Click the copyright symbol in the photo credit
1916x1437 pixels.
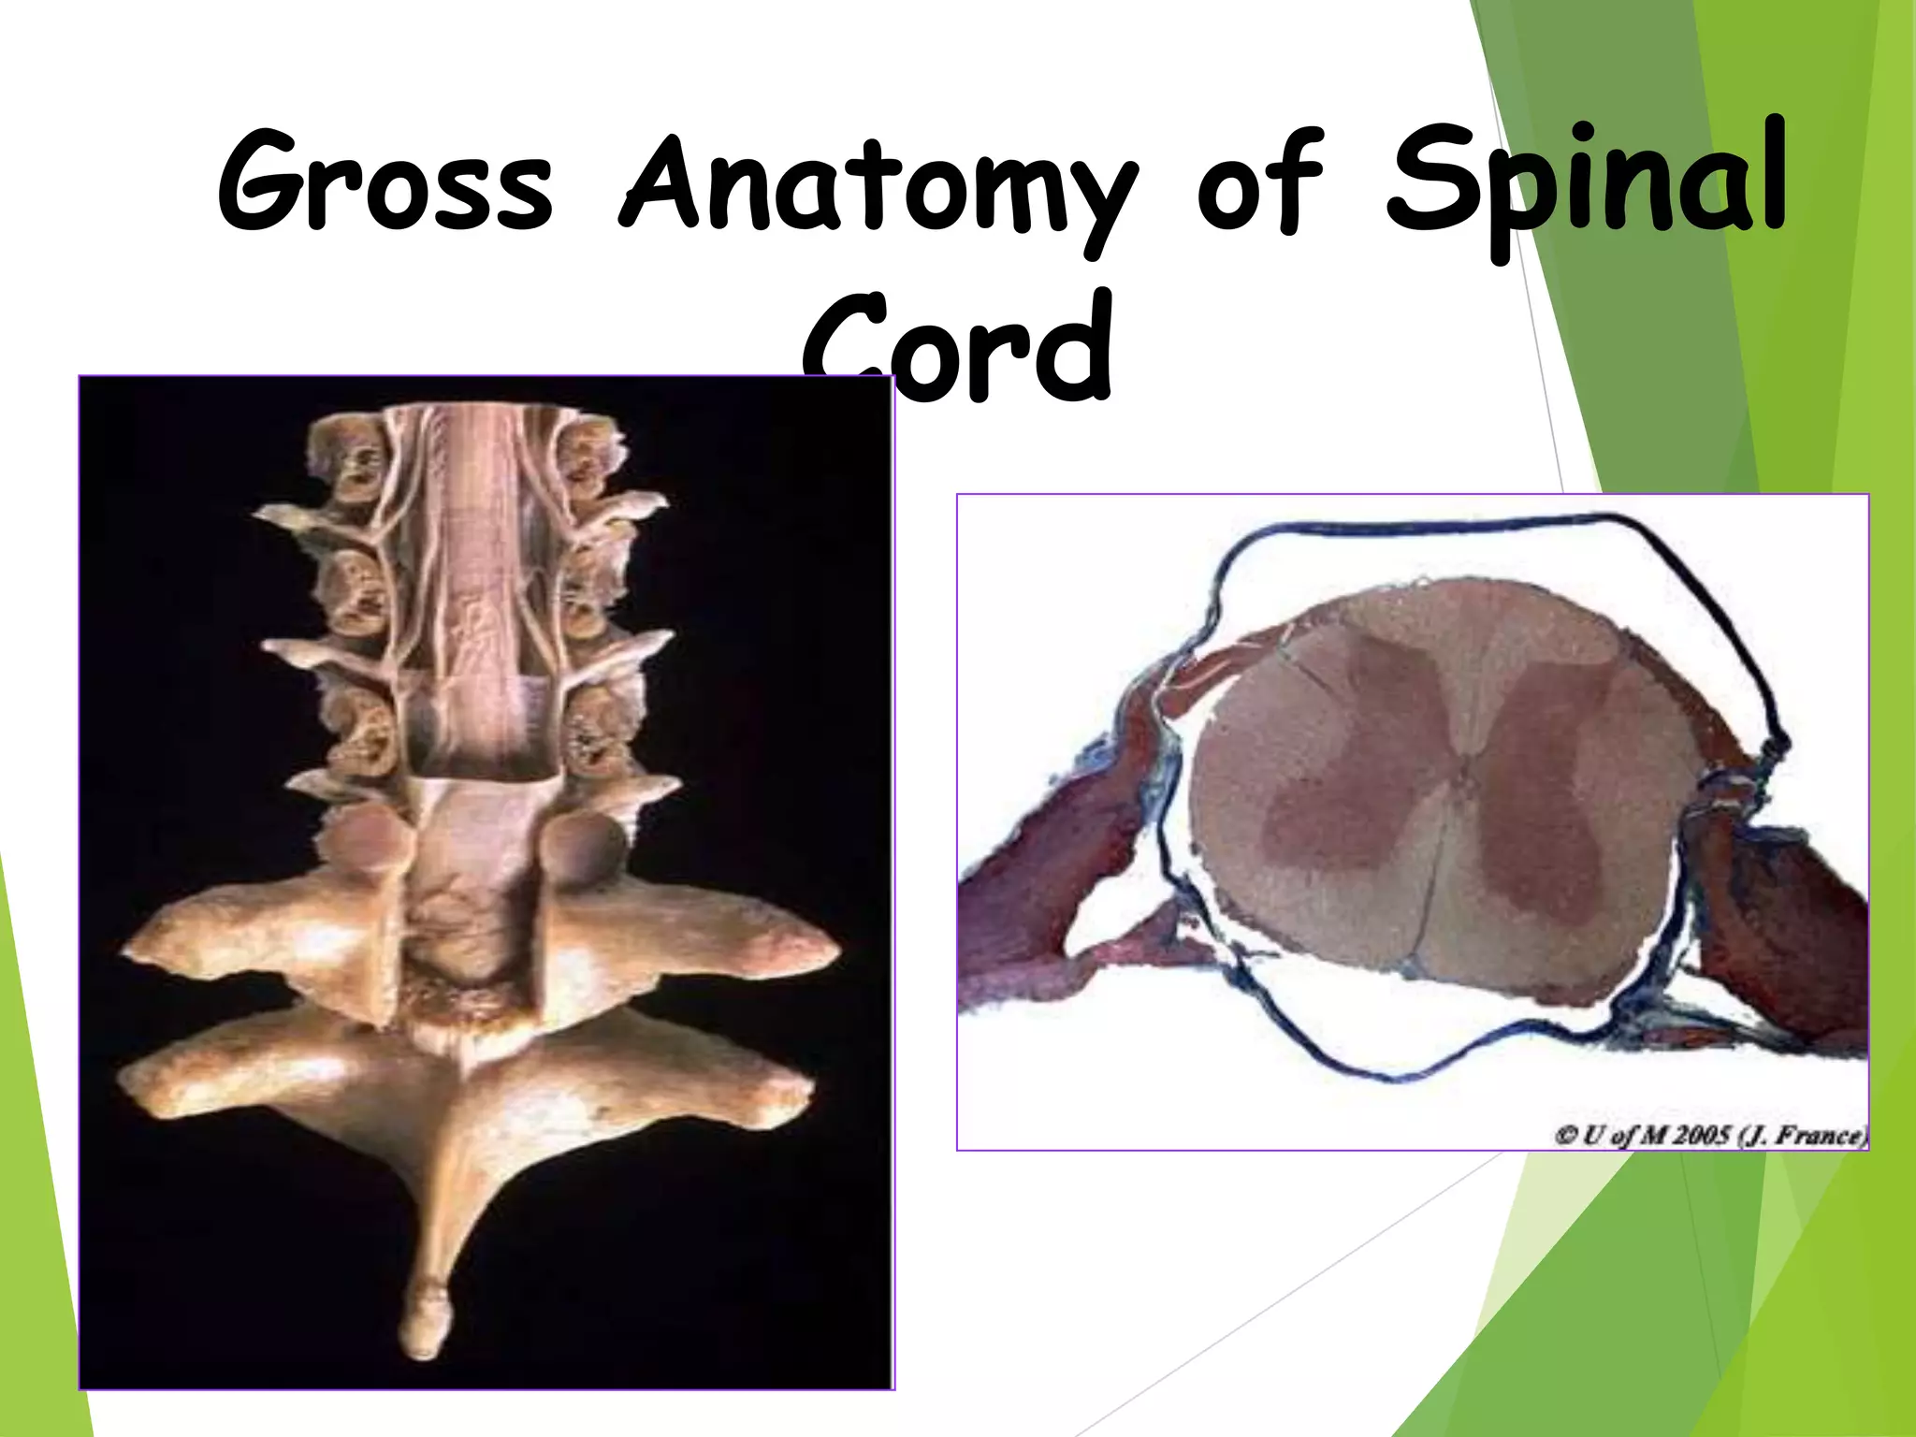(x=1565, y=1136)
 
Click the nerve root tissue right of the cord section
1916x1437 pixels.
(x=1778, y=926)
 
